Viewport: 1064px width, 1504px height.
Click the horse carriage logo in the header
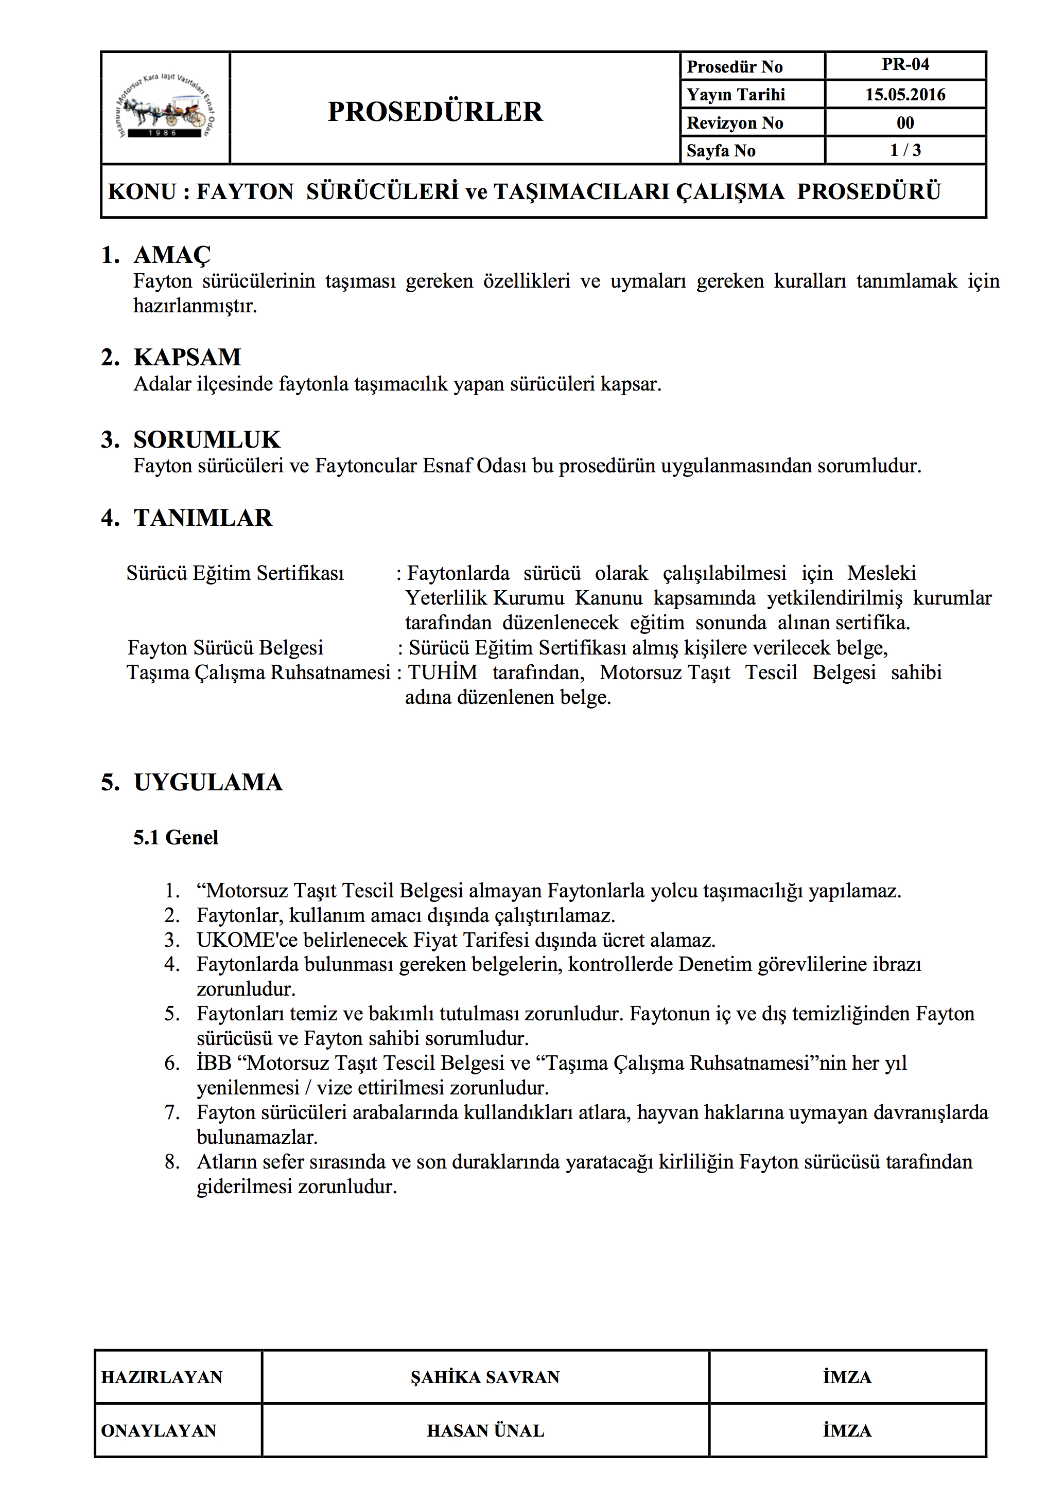click(x=165, y=108)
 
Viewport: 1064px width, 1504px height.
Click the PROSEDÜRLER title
click(x=435, y=111)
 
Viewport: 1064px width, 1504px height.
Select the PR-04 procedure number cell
click(x=905, y=65)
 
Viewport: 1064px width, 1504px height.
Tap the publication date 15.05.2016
click(x=905, y=94)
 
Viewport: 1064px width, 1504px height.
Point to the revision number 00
click(x=905, y=122)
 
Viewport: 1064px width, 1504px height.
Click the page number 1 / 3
click(x=905, y=150)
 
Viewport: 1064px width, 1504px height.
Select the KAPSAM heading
click(x=187, y=357)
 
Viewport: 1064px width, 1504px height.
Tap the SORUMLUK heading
click(x=206, y=439)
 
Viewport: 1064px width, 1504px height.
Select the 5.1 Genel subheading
click(x=176, y=837)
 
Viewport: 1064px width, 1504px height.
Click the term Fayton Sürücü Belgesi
click(x=225, y=648)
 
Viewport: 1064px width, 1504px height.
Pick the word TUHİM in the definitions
click(x=442, y=673)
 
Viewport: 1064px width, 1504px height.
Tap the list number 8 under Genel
click(x=171, y=1162)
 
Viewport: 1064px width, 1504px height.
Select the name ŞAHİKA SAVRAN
click(x=485, y=1377)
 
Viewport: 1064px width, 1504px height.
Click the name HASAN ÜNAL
click(x=485, y=1430)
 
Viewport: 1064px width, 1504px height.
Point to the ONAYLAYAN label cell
click(x=159, y=1430)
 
